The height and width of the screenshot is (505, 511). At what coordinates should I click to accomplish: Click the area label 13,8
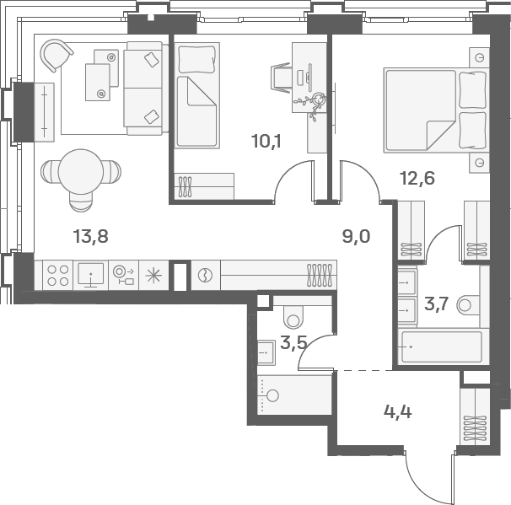90,236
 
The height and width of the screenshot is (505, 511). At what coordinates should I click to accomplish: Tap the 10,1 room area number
266,142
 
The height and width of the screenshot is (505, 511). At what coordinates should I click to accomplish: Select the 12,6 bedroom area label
417,179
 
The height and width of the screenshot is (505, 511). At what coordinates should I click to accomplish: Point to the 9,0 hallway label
356,236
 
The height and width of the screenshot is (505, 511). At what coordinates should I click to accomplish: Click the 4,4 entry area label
398,412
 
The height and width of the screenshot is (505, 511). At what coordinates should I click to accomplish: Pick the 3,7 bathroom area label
437,304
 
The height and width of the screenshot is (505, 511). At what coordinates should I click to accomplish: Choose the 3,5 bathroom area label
293,343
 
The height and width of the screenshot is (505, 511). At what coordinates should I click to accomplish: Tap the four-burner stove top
57,276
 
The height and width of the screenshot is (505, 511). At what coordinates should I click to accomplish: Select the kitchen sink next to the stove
91,276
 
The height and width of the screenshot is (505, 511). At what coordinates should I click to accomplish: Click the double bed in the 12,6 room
437,110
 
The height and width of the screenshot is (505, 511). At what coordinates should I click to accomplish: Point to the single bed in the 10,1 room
196,95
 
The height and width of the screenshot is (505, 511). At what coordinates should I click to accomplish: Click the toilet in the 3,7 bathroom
468,305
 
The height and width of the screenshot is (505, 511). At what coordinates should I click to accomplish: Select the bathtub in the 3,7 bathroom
442,347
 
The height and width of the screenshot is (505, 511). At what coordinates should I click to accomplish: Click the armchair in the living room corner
56,55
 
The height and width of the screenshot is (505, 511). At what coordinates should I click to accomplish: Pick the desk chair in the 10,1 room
281,78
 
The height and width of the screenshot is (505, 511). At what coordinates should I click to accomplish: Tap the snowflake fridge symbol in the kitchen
153,276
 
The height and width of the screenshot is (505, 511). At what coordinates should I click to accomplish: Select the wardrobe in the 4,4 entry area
475,416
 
